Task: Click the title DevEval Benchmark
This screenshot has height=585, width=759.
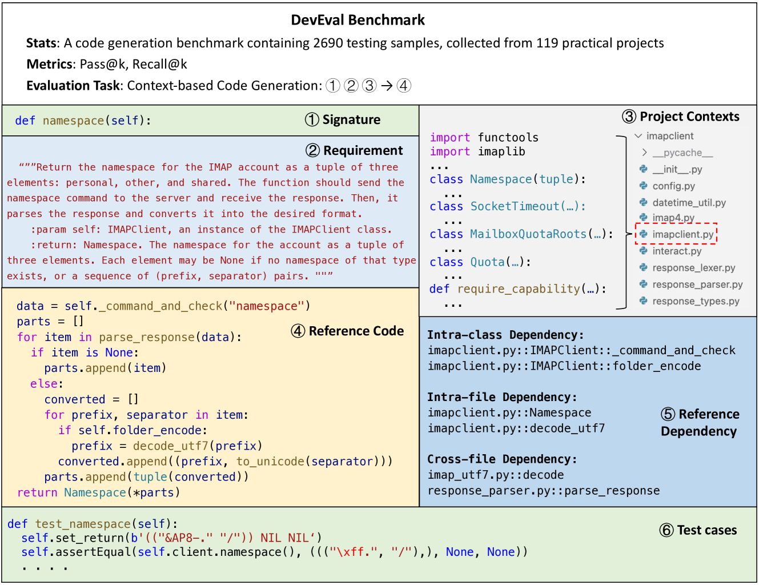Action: [358, 20]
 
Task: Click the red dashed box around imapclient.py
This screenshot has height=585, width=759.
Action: [676, 234]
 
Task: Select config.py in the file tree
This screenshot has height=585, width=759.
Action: [673, 186]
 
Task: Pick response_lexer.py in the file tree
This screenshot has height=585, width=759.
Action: [693, 268]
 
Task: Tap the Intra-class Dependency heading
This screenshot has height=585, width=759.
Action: [505, 335]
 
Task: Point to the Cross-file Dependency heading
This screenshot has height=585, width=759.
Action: [502, 459]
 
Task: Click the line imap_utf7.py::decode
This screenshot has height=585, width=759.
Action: [495, 475]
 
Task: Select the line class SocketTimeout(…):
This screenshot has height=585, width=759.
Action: [508, 206]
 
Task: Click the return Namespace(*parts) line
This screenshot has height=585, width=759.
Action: [98, 492]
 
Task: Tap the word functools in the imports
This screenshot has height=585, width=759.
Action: [508, 138]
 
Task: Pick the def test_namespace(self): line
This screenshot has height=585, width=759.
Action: [93, 524]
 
